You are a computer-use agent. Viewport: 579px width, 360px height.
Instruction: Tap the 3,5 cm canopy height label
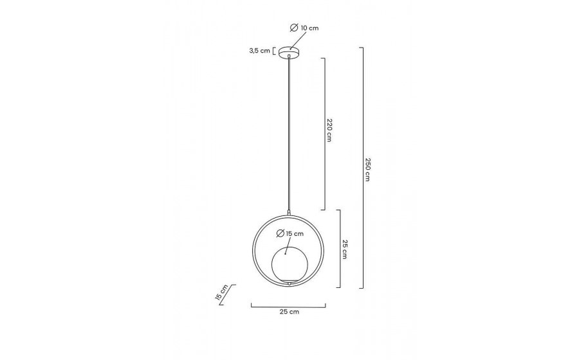pos(260,51)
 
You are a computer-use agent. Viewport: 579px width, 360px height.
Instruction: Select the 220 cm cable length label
pos(329,130)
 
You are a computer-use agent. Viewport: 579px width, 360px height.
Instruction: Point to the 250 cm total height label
pos(367,170)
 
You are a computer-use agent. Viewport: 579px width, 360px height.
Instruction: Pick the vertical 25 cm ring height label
pos(345,249)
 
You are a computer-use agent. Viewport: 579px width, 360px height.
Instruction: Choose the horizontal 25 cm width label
pos(289,312)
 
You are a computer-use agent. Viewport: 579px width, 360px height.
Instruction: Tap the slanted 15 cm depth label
pos(221,292)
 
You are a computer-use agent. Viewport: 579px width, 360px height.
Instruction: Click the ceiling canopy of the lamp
pos(289,52)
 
